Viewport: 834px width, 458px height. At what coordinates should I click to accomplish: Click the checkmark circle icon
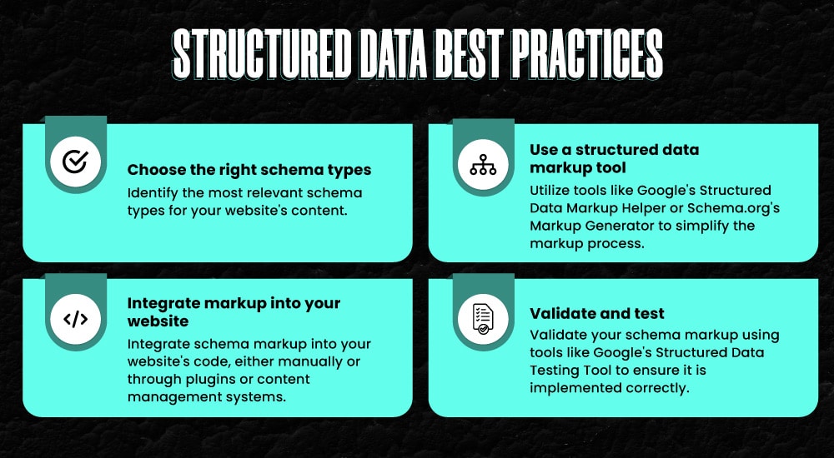(75, 161)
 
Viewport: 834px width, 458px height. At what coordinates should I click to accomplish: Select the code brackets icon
(75, 319)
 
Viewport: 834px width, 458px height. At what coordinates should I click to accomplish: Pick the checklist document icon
(483, 319)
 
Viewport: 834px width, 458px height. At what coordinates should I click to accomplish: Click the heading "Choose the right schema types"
(249, 171)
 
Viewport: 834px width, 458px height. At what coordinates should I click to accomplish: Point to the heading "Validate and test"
(597, 314)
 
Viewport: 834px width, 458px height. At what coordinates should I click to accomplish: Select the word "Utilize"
(553, 191)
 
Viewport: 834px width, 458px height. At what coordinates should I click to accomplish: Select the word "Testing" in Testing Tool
(556, 370)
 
